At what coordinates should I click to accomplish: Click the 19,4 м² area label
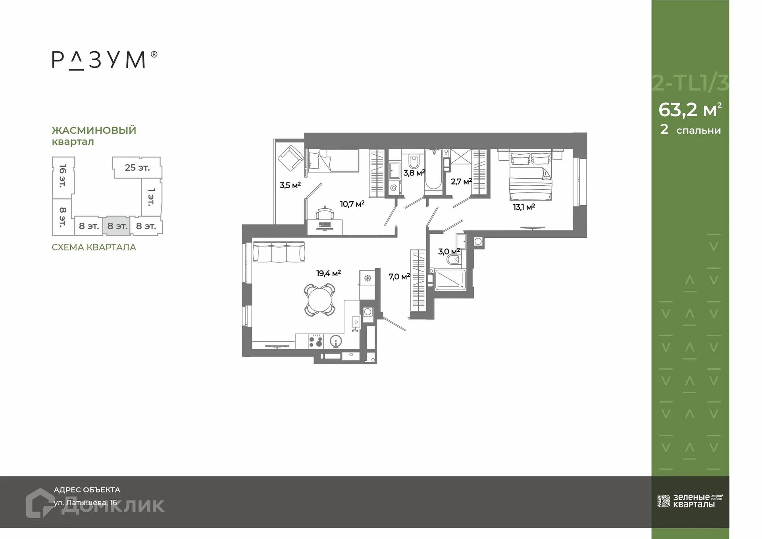(328, 273)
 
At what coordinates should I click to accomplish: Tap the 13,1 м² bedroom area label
(524, 207)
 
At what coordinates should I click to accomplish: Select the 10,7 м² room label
(352, 204)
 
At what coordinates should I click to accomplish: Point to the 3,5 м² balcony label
(290, 185)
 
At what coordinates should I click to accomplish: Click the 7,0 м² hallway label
(399, 276)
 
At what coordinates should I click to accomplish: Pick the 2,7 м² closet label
(461, 181)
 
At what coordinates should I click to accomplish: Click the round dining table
(319, 300)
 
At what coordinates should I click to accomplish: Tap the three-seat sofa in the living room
(279, 252)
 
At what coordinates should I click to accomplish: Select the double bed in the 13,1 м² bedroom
(530, 177)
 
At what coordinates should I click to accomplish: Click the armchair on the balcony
(291, 158)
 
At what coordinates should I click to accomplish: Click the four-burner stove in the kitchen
(316, 341)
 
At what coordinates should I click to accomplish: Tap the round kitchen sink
(336, 341)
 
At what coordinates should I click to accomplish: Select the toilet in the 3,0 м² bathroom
(453, 260)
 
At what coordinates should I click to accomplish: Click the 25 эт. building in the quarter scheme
(137, 167)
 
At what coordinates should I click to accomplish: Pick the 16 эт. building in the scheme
(63, 176)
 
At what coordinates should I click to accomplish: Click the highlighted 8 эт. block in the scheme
(117, 226)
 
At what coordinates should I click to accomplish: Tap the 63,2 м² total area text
(690, 110)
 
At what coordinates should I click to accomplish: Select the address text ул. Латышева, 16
(85, 502)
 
